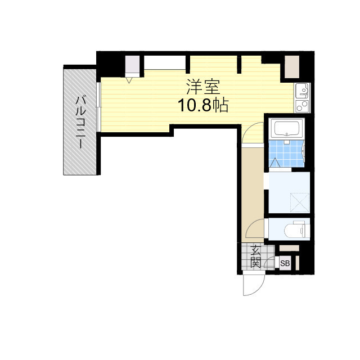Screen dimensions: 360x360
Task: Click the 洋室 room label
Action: (203, 87)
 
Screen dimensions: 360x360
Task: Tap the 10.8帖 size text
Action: (203, 105)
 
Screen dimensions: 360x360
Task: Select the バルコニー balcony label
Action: (81, 121)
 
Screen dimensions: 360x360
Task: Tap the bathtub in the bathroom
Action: (287, 129)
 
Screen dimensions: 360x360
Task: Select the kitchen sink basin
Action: (301, 89)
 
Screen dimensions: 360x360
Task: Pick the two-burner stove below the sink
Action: (301, 105)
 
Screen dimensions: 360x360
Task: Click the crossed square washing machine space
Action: (299, 201)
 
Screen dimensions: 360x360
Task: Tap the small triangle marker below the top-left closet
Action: (130, 80)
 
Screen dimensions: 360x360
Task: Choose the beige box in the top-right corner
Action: (291, 67)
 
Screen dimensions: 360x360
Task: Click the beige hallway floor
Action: (253, 186)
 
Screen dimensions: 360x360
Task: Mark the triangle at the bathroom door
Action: (275, 163)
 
